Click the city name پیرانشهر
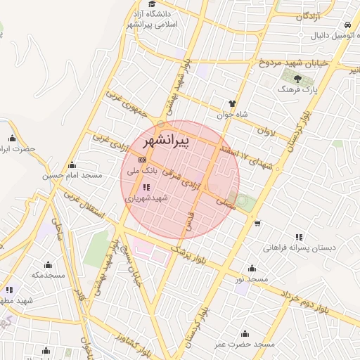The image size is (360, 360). tap(166, 141)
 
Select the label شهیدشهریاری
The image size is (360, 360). tap(147, 199)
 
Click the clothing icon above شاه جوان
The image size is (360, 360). tap(233, 103)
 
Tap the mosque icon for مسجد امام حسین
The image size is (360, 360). tap(72, 165)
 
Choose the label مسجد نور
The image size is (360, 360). tap(252, 280)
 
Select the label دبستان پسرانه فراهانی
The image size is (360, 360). tap(300, 247)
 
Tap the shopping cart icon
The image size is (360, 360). tap(257, 224)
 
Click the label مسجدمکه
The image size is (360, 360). tap(48, 275)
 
